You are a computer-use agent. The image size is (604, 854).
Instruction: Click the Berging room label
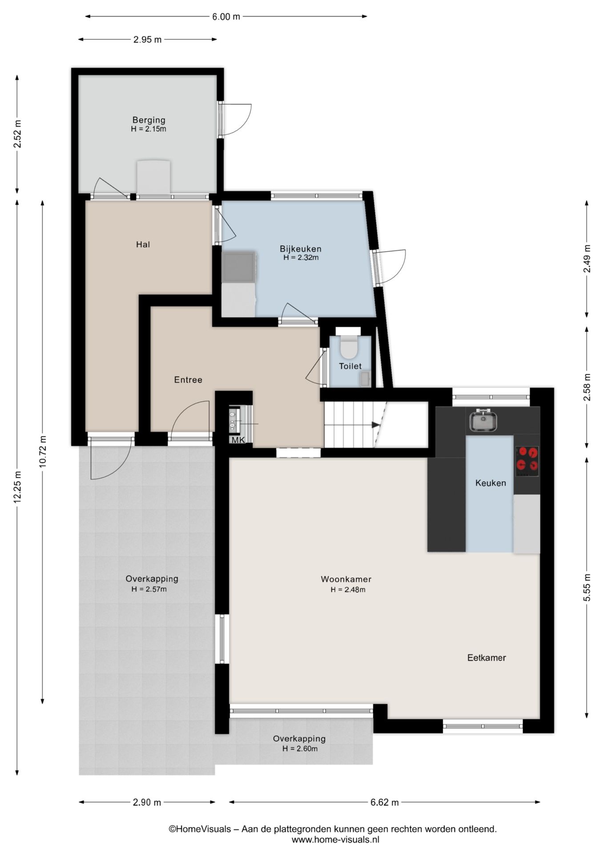tap(149, 120)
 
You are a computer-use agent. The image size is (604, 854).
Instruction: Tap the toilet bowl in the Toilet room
tap(348, 347)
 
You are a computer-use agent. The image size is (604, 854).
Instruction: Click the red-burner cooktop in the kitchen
tap(527, 461)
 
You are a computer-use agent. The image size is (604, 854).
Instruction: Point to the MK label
tap(238, 440)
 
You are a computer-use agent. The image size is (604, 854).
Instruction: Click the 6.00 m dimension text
tap(225, 17)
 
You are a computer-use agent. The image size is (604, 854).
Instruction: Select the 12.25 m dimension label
tap(18, 487)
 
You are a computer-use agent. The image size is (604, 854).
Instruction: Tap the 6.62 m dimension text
tap(385, 802)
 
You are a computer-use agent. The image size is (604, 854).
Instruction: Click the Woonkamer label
tap(346, 579)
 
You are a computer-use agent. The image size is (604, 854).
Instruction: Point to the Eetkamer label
tap(487, 657)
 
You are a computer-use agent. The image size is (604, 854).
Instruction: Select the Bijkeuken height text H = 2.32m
tap(301, 258)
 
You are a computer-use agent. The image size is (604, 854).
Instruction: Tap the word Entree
tap(188, 379)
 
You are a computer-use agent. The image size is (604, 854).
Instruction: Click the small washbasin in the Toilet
tap(365, 379)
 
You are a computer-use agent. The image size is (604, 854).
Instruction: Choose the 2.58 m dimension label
tap(587, 387)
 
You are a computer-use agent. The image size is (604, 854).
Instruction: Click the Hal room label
tap(143, 244)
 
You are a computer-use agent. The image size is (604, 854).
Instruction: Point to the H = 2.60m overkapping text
tap(300, 749)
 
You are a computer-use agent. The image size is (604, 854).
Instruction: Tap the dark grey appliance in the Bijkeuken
tap(239, 267)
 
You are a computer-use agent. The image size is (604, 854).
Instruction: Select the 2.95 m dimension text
tap(148, 40)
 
